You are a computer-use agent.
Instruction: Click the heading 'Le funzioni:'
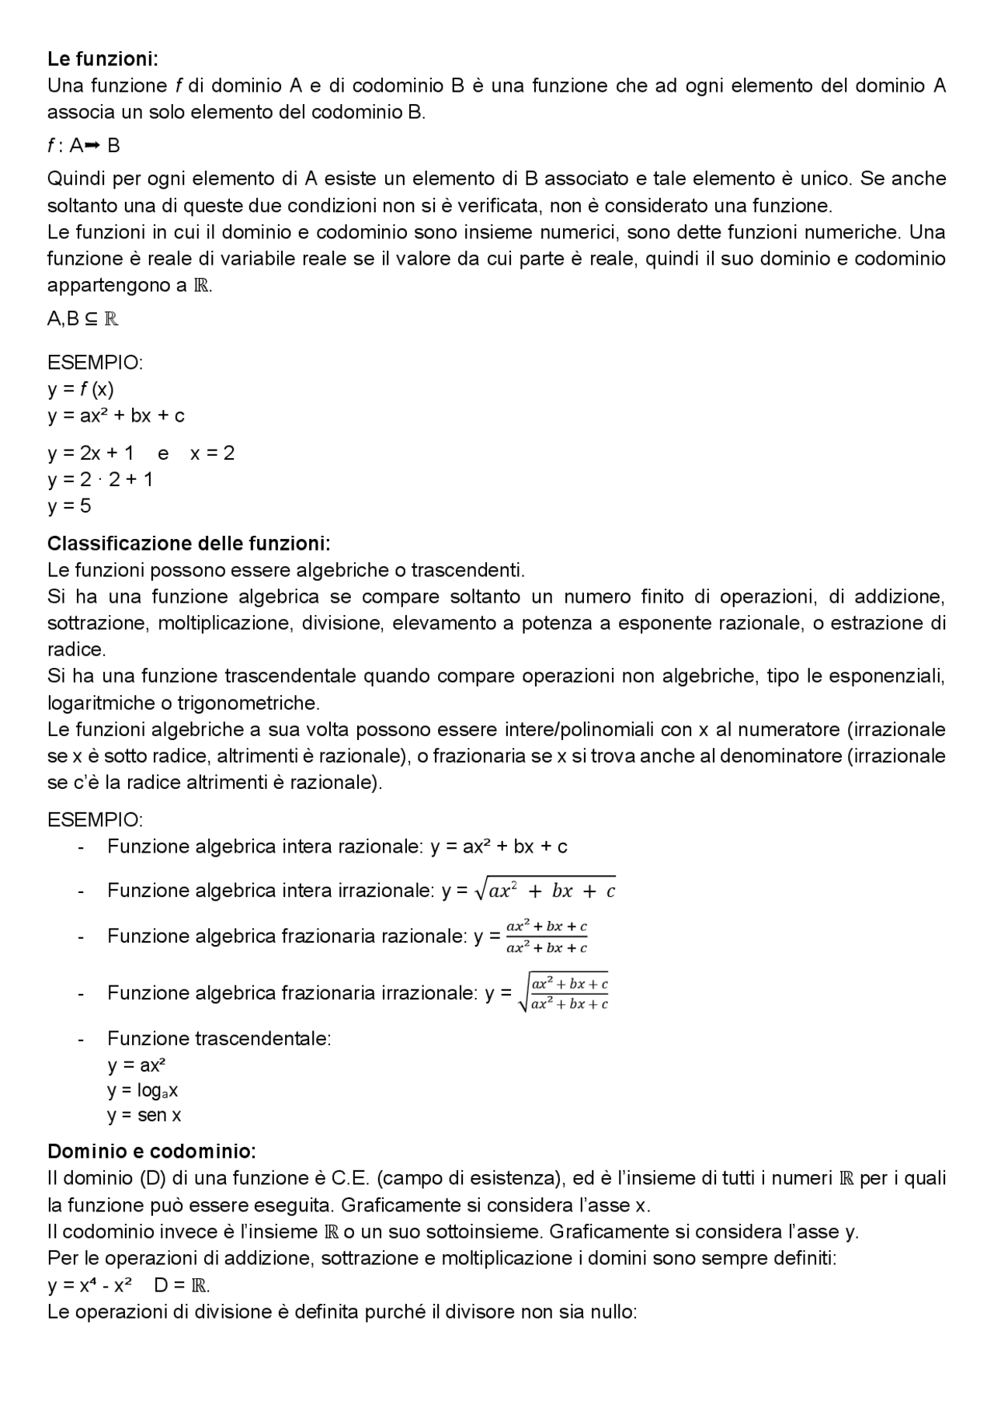[x=103, y=59]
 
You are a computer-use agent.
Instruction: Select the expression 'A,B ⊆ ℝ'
[x=82, y=318]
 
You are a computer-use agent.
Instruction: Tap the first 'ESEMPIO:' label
[x=95, y=363]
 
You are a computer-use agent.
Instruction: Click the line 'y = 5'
[x=69, y=506]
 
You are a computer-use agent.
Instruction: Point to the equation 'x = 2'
[x=212, y=454]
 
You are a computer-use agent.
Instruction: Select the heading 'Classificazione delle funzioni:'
[x=189, y=543]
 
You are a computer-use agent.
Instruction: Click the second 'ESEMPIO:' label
[x=95, y=820]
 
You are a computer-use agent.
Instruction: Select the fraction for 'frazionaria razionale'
[x=546, y=937]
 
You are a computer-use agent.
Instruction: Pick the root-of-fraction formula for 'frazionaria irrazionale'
[x=563, y=993]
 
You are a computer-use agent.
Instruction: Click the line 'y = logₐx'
[x=143, y=1091]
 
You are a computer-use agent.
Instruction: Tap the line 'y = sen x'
[x=144, y=1116]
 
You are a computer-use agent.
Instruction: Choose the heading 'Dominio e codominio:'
[x=151, y=1151]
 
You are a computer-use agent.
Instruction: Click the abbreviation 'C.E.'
[x=351, y=1179]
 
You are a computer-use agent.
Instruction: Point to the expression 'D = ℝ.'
[x=182, y=1285]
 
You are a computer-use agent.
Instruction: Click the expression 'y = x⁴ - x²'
[x=89, y=1285]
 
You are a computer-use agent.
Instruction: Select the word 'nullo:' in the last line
[x=612, y=1312]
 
